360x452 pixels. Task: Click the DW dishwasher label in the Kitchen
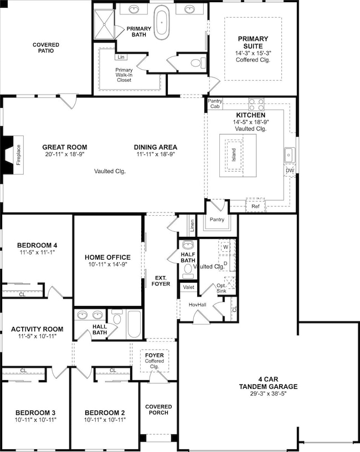[x=290, y=171]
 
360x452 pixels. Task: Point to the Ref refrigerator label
[x=255, y=206]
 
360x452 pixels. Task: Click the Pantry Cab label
[x=215, y=103]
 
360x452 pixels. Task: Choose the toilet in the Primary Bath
[x=198, y=63]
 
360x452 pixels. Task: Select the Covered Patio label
[x=46, y=48]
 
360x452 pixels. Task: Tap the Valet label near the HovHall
[x=188, y=287]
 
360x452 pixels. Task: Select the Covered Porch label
[x=158, y=410]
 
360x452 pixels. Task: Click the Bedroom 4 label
[x=37, y=245]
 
